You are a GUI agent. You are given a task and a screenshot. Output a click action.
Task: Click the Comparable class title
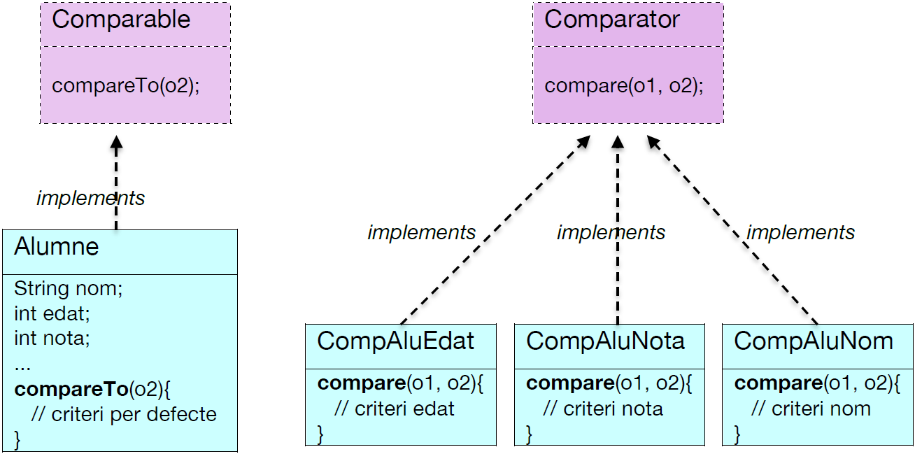(x=120, y=20)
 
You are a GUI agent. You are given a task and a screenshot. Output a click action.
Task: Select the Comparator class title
(x=611, y=20)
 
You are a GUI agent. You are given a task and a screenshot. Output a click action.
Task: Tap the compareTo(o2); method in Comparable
(x=126, y=85)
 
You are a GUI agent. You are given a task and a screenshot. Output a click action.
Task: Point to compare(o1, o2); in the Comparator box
(x=624, y=85)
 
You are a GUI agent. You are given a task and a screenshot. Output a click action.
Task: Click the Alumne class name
(x=57, y=247)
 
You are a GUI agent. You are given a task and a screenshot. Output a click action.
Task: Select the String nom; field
(x=68, y=288)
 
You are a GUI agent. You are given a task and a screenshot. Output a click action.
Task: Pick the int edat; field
(x=52, y=313)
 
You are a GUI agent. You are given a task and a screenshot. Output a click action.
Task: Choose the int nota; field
(x=52, y=339)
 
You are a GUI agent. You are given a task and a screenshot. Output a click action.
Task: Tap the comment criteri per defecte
(x=124, y=414)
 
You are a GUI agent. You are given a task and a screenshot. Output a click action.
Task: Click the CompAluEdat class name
(x=395, y=341)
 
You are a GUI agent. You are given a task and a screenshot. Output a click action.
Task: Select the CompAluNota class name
(x=605, y=341)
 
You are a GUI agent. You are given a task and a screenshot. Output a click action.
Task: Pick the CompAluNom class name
(x=814, y=341)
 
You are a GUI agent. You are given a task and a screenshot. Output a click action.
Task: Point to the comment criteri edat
(x=395, y=409)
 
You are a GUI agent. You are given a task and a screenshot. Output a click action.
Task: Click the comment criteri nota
(x=603, y=409)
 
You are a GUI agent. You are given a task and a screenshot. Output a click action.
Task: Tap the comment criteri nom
(x=811, y=409)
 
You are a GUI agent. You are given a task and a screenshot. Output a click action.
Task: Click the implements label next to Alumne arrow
(x=90, y=198)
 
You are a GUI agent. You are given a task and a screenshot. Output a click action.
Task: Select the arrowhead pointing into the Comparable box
(x=117, y=143)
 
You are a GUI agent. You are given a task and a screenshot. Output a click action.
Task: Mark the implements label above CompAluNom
(x=800, y=232)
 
